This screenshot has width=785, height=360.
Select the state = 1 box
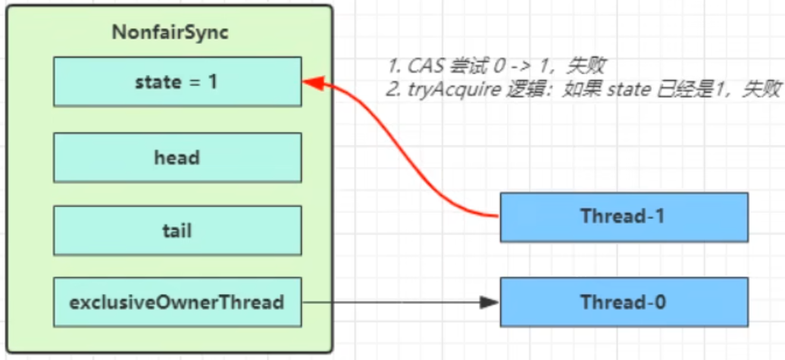pyautogui.click(x=177, y=81)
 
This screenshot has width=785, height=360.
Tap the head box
pyautogui.click(x=177, y=158)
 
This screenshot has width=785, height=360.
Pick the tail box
pyautogui.click(x=177, y=230)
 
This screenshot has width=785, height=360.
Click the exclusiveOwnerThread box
pyautogui.click(x=177, y=302)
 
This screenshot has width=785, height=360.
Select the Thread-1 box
pyautogui.click(x=624, y=217)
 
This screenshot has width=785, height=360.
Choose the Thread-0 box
pyautogui.click(x=624, y=302)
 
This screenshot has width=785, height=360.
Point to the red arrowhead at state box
pyautogui.click(x=311, y=81)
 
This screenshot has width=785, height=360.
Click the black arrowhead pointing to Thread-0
pyautogui.click(x=490, y=302)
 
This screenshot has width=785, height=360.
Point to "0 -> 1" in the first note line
pyautogui.click(x=504, y=67)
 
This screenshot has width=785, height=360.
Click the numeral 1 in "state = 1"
pyautogui.click(x=213, y=81)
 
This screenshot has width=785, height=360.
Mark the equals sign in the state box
pyautogui.click(x=194, y=82)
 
